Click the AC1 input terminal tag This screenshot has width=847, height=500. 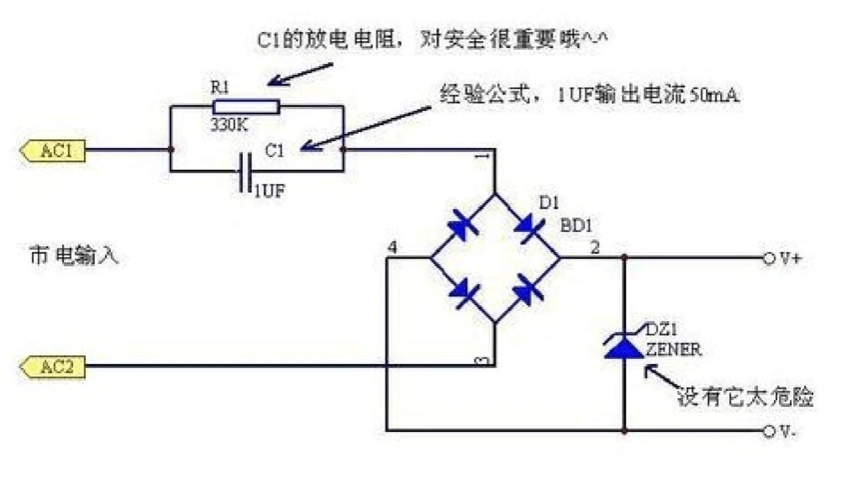click(52, 151)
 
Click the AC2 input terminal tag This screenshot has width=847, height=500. click(52, 367)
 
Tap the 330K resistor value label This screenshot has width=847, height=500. click(232, 126)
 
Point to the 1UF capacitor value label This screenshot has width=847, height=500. click(268, 190)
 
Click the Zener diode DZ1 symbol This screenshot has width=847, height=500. click(624, 344)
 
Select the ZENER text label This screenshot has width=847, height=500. click(673, 350)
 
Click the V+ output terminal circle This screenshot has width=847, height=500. click(769, 258)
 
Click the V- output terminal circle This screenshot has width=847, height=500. click(769, 431)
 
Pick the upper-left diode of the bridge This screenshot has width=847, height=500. click(461, 226)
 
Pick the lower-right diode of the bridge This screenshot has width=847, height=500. click(527, 291)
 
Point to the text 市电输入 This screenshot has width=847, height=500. click(74, 256)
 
